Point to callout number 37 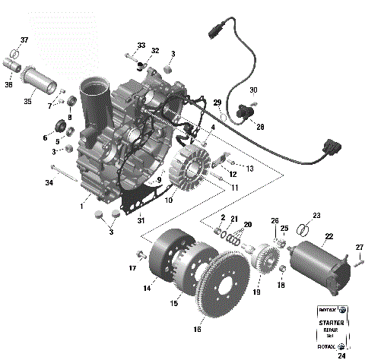point(24,39)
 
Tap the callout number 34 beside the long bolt point(48,183)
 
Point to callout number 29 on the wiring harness point(217,103)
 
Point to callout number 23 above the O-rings point(317,215)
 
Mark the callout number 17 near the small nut point(132,269)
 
